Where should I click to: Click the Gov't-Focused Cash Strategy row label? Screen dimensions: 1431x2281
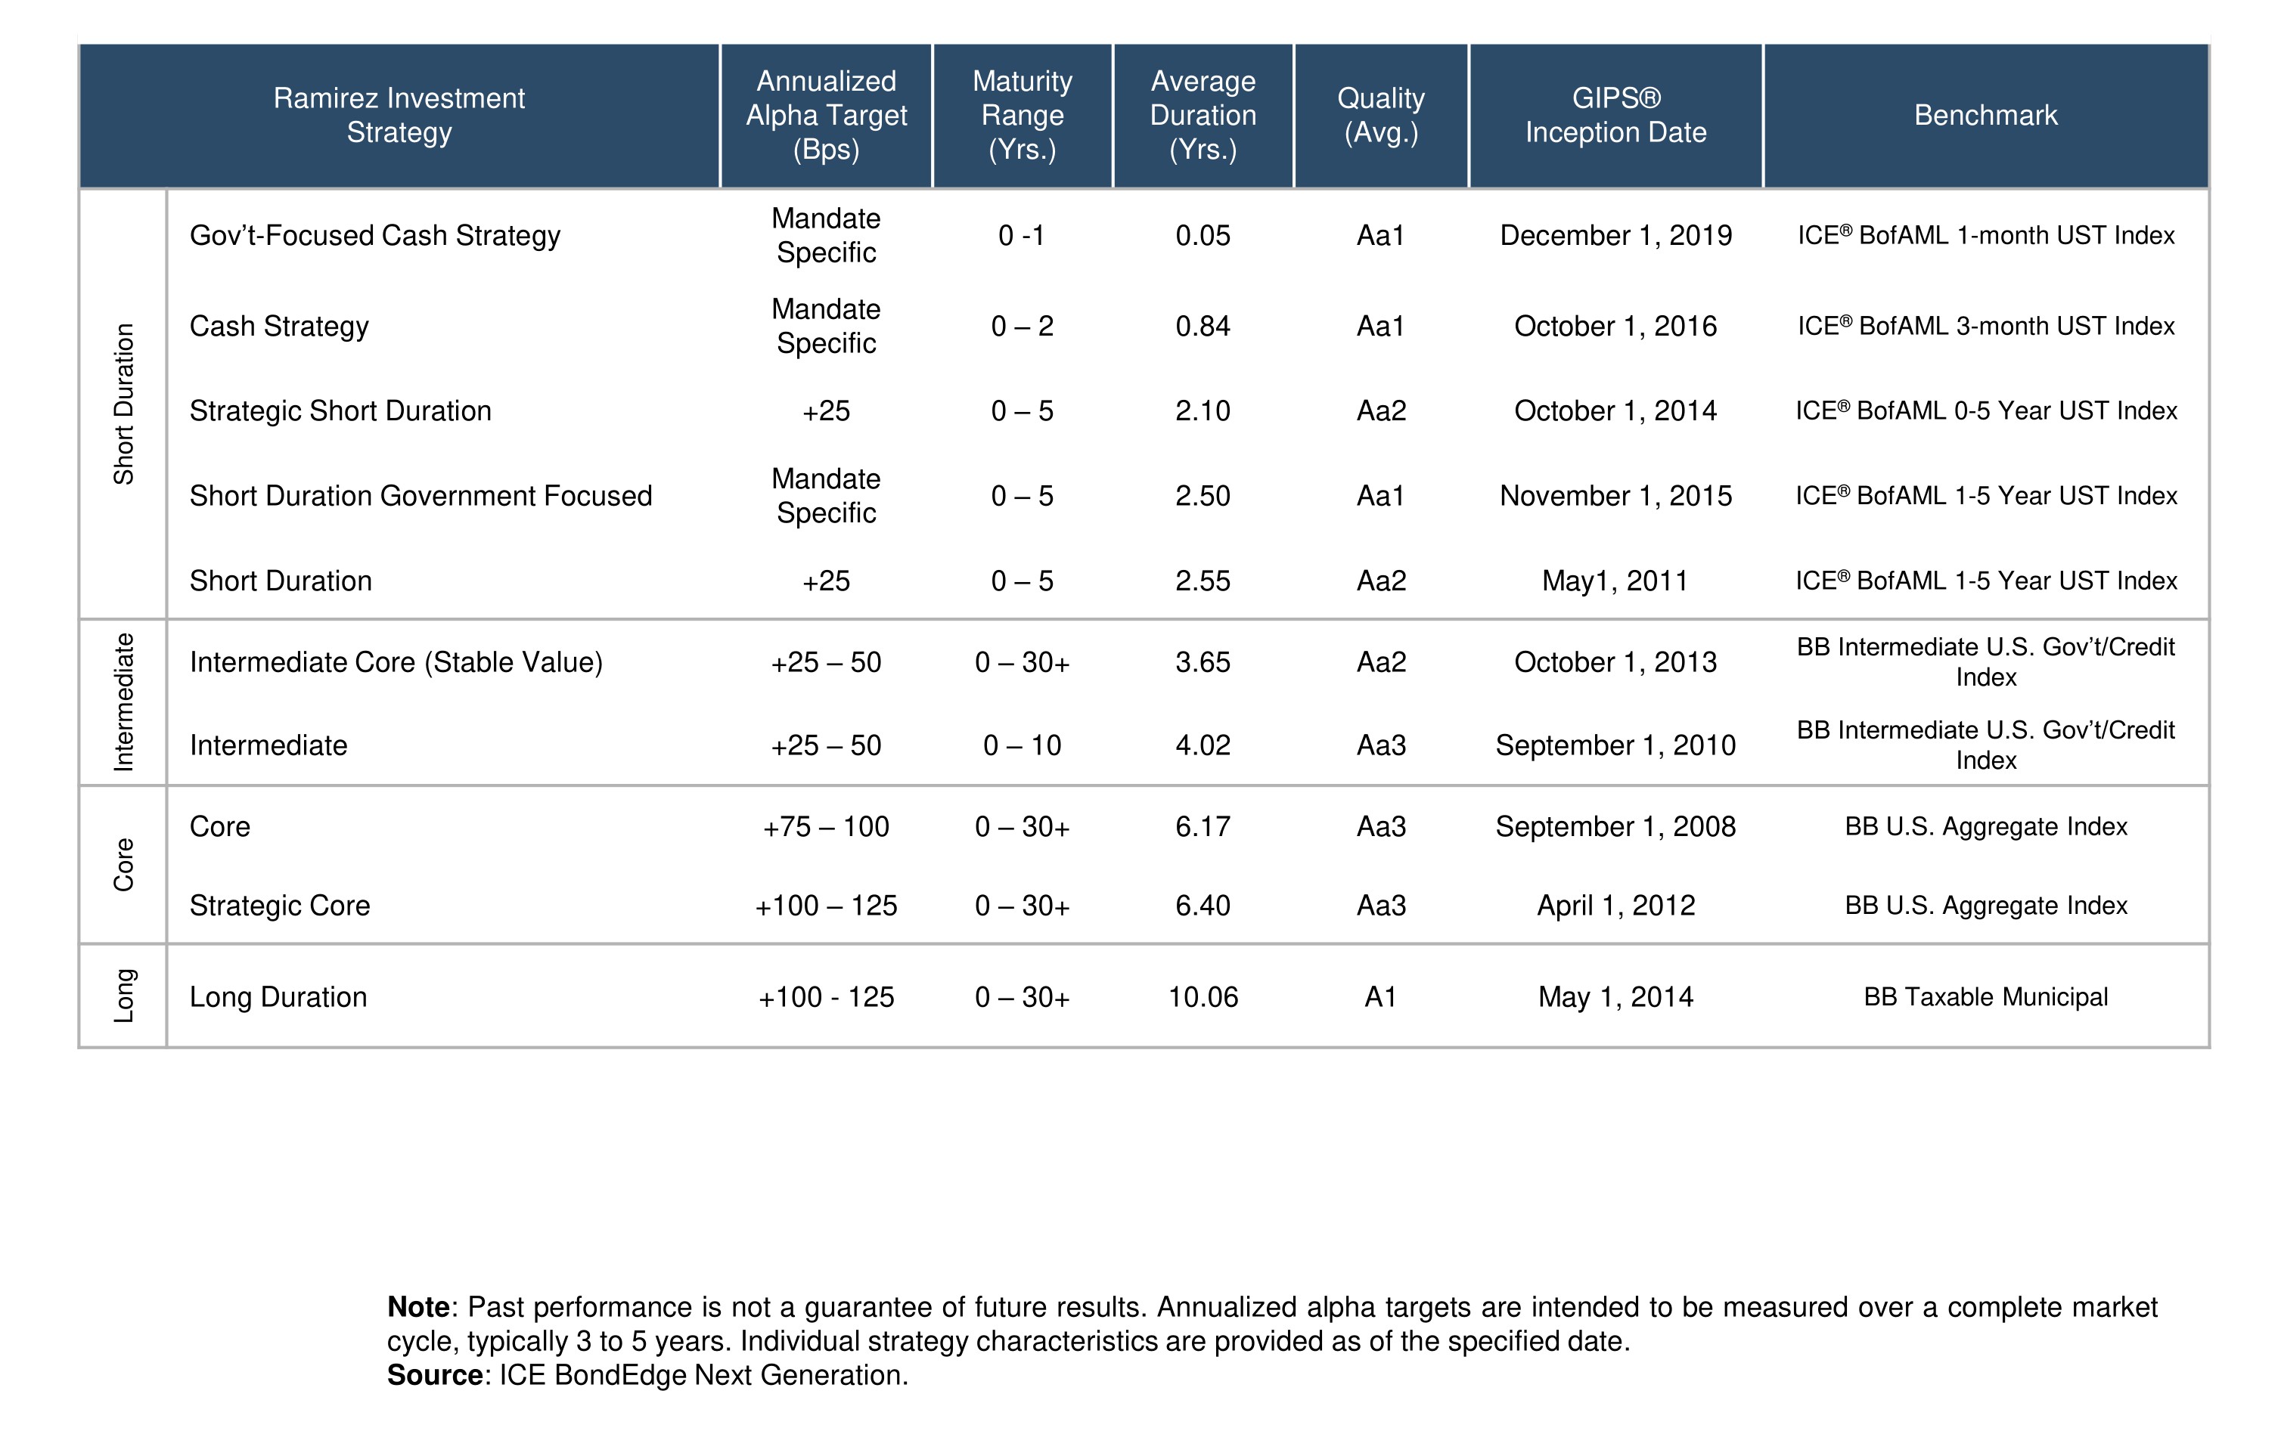click(x=374, y=236)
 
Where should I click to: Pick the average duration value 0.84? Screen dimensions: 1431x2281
click(x=1203, y=327)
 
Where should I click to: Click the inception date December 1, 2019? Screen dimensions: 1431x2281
click(x=1615, y=236)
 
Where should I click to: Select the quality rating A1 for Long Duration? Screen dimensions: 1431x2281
click(x=1380, y=996)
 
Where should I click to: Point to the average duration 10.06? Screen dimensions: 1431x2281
click(x=1203, y=996)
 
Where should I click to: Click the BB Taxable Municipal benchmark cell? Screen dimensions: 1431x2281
click(x=1985, y=996)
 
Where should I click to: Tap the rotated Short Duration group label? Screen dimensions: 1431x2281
click(x=124, y=404)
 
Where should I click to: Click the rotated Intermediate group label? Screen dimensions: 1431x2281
click(x=124, y=702)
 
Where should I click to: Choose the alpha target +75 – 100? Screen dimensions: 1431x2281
click(x=826, y=827)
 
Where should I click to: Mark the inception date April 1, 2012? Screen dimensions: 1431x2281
click(x=1615, y=906)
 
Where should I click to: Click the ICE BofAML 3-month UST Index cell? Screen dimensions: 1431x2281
click(x=1985, y=327)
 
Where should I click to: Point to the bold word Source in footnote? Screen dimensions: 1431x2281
click(x=435, y=1375)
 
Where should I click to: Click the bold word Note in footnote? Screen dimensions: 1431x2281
click(x=417, y=1307)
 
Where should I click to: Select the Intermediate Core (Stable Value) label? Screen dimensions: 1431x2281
click(x=396, y=662)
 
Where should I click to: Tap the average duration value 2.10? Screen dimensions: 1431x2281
click(x=1203, y=410)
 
